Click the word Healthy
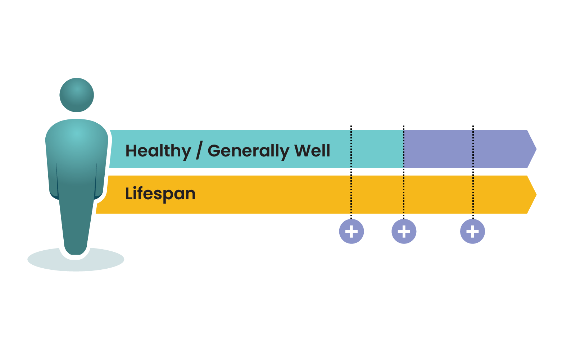click(x=158, y=151)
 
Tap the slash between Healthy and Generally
click(x=199, y=151)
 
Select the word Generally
click(x=248, y=151)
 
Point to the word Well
click(x=312, y=151)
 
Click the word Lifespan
click(x=160, y=194)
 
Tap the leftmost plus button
click(x=352, y=231)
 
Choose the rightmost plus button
click(x=472, y=231)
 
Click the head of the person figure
click(x=77, y=95)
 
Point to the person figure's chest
click(x=77, y=144)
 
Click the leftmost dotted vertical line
click(x=351, y=173)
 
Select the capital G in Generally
click(x=215, y=151)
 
